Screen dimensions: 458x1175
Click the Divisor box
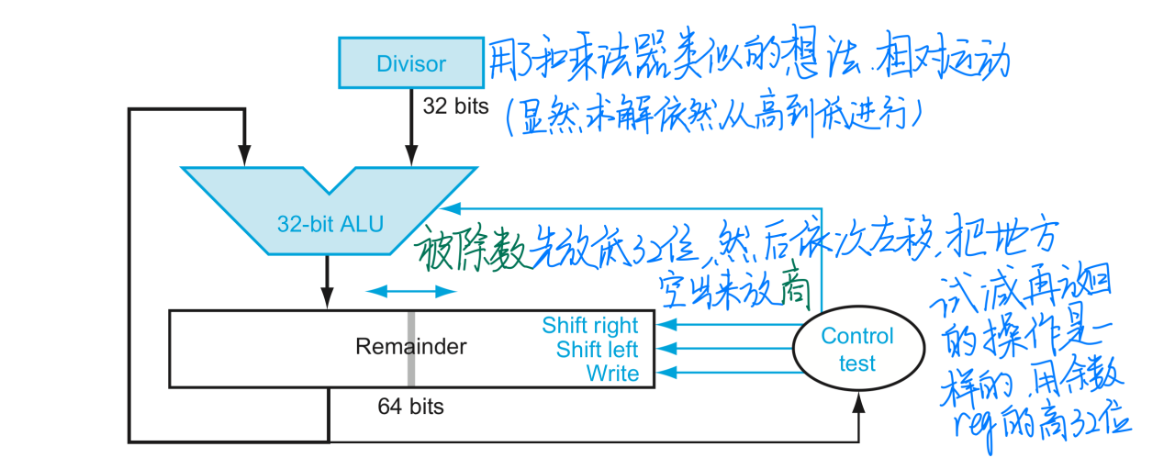tap(410, 63)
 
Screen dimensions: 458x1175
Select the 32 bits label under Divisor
tap(455, 106)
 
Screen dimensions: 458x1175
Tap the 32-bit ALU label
tap(330, 223)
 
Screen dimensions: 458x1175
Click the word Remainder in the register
tap(410, 347)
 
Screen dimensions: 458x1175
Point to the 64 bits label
tap(410, 406)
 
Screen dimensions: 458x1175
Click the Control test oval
tap(856, 349)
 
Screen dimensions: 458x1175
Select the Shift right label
tap(589, 326)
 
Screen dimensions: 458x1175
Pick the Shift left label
tap(597, 350)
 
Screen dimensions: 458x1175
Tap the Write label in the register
tap(612, 374)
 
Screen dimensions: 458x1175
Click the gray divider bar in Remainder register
tap(411, 349)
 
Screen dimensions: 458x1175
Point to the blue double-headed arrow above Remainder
tap(410, 291)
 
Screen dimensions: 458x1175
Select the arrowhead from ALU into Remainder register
tap(328, 299)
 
